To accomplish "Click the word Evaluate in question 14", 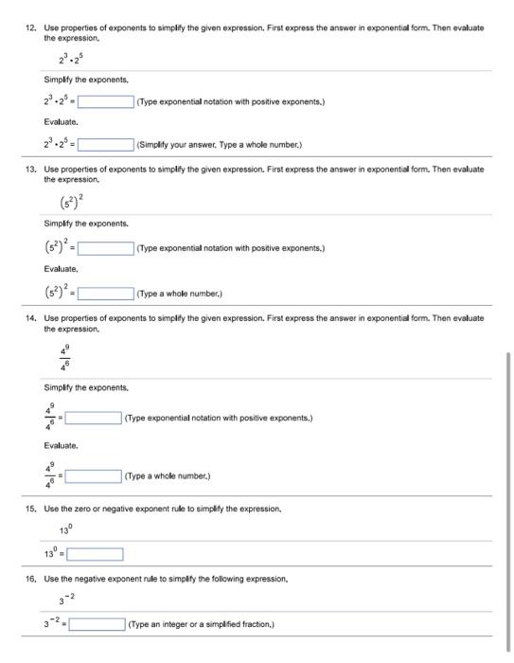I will (61, 445).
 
